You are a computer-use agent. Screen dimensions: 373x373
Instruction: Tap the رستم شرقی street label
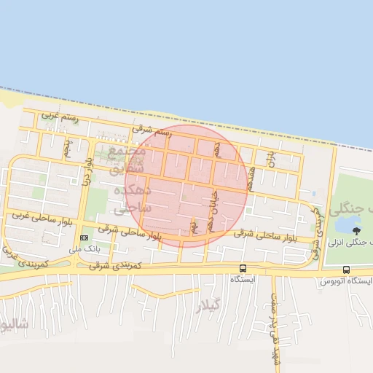coord(152,131)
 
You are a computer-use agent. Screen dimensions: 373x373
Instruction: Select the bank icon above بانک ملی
coord(84,237)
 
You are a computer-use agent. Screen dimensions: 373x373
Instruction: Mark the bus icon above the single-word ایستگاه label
coord(243,267)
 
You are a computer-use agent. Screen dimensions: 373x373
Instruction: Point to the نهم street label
coord(194,227)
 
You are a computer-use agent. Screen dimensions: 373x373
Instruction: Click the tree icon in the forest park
coord(356,231)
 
